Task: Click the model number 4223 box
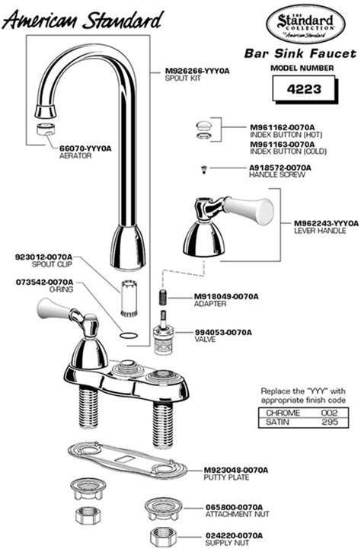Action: click(305, 89)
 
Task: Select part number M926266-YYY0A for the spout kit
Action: click(197, 71)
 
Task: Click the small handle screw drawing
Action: click(203, 170)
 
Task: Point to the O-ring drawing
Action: click(129, 335)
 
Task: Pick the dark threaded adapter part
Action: click(162, 298)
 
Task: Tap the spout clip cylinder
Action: click(129, 298)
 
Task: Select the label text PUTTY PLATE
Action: click(226, 477)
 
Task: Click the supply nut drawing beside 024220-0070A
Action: click(164, 537)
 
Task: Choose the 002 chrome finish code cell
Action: click(329, 413)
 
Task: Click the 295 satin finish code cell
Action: click(329, 422)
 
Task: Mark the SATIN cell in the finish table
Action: click(278, 422)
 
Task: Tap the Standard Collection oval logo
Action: click(305, 26)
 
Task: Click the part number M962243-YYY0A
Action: click(326, 223)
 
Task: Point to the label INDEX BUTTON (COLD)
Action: click(288, 152)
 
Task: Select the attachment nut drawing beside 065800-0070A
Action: click(164, 509)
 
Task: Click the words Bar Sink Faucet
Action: click(300, 53)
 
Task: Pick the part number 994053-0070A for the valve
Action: click(223, 332)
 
